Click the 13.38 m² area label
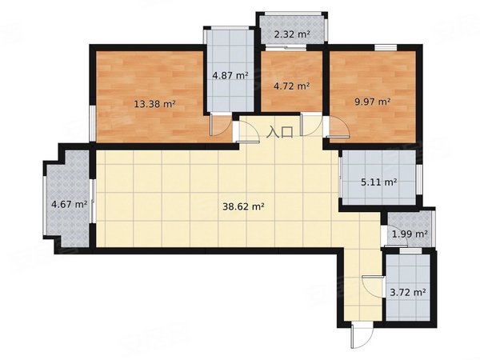click(x=154, y=104)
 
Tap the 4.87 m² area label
click(x=230, y=75)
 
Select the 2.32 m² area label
click(x=292, y=34)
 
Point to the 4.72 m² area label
click(x=292, y=86)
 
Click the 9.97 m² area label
click(x=373, y=102)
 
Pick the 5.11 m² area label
click(x=379, y=182)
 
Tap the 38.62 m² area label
click(x=243, y=207)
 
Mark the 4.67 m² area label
click(x=70, y=204)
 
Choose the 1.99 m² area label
click(x=410, y=234)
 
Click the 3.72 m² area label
click(x=408, y=293)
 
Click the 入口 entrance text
click(x=280, y=132)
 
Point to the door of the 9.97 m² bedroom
click(x=338, y=127)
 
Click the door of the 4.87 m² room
click(x=221, y=124)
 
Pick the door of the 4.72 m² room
click(x=311, y=124)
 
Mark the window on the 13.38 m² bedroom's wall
click(x=92, y=123)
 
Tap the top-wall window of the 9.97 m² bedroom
click(x=386, y=47)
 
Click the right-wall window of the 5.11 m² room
click(x=419, y=180)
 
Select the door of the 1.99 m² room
click(x=395, y=236)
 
